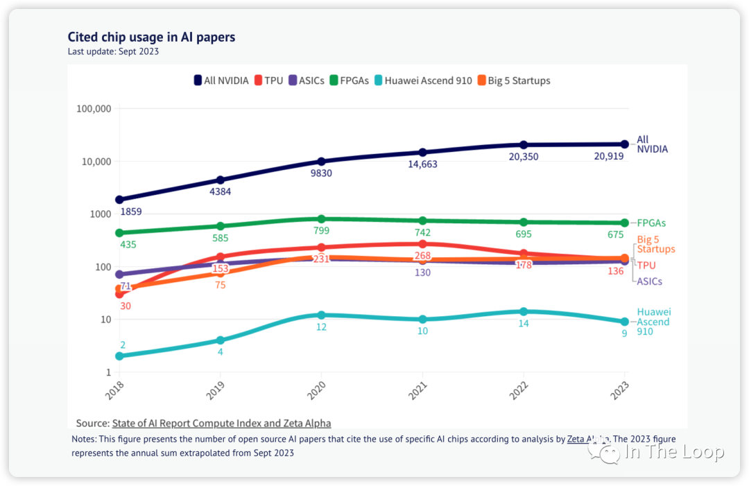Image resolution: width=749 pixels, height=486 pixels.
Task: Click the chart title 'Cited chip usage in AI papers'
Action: coord(151,37)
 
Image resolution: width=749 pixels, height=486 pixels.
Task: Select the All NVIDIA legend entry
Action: coord(221,80)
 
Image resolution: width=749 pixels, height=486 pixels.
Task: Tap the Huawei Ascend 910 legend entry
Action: coord(423,80)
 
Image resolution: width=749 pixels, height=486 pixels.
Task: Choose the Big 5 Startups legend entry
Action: coord(513,80)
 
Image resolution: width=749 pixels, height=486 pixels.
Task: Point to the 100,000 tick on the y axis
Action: coord(92,109)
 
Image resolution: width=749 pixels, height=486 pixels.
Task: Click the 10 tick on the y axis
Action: coord(104,320)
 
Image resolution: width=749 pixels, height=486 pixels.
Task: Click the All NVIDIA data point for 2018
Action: coord(119,200)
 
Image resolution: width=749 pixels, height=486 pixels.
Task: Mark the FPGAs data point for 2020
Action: coord(321,218)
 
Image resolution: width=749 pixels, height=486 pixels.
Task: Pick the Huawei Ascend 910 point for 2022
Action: coord(524,311)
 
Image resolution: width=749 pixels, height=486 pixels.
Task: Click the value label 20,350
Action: coord(524,157)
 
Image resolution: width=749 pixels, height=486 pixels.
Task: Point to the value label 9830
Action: coord(321,173)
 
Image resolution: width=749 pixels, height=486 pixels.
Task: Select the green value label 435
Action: coord(128,245)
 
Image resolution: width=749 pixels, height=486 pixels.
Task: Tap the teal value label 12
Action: coord(321,327)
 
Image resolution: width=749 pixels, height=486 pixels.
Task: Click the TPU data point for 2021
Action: coord(422,244)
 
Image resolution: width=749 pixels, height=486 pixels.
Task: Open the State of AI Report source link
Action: coord(221,423)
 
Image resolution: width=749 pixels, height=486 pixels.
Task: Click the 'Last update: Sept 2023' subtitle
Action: coord(113,52)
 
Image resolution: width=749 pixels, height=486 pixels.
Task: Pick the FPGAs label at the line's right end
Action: coord(651,223)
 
